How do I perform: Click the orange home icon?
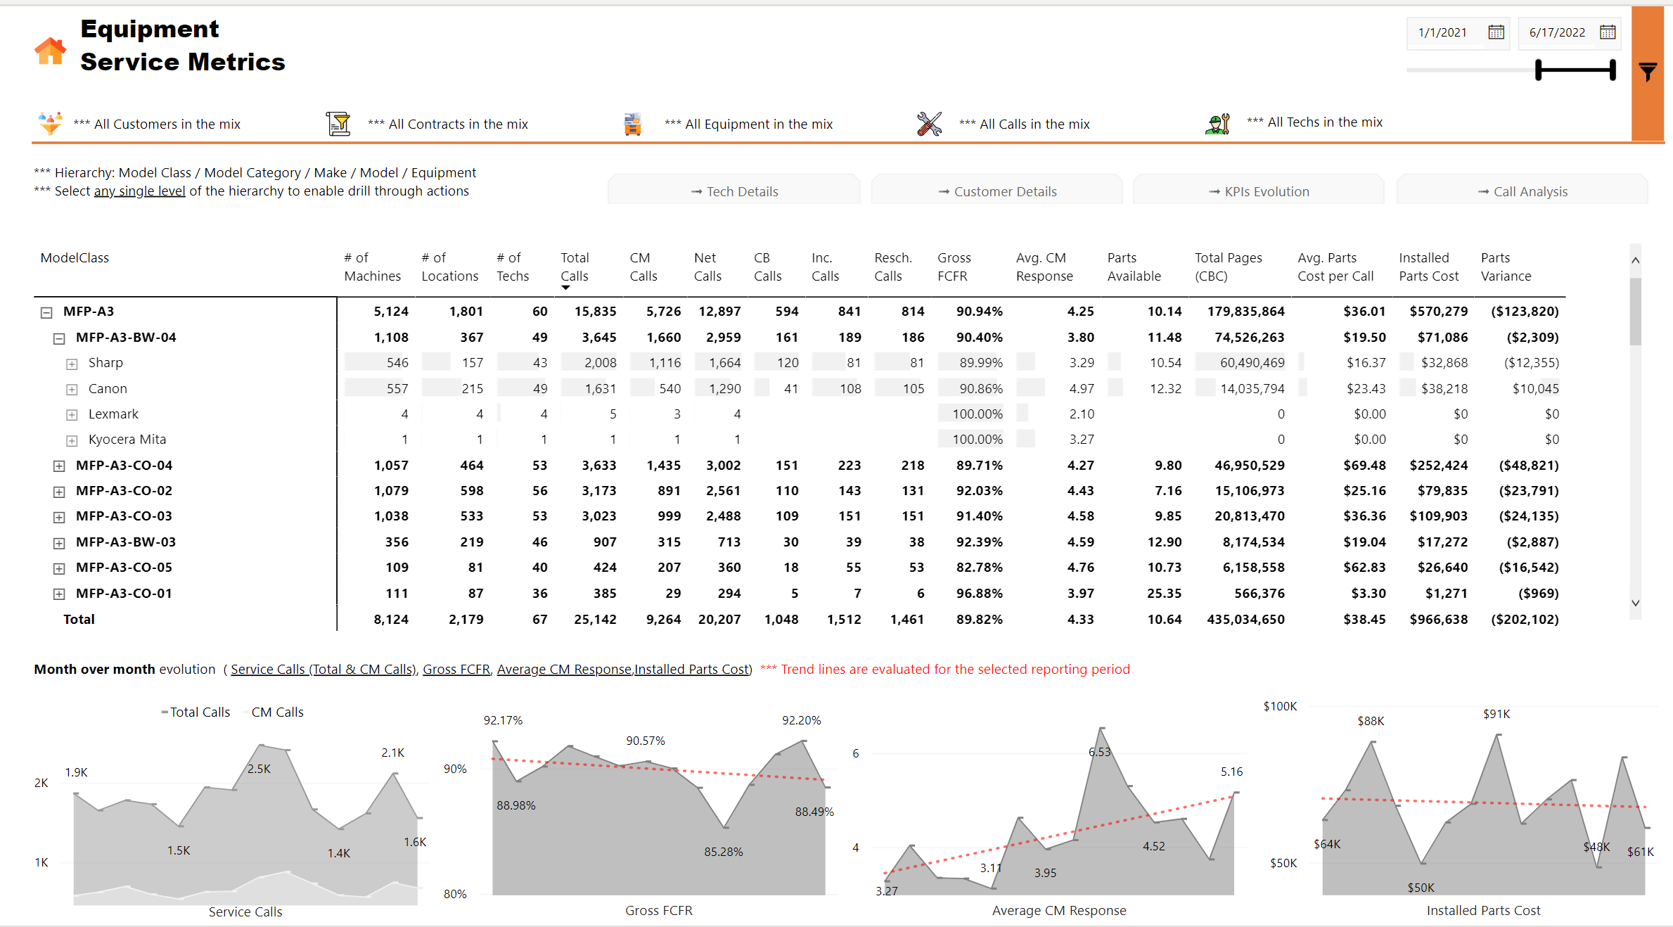pyautogui.click(x=50, y=51)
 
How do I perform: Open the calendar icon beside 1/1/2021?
pyautogui.click(x=1496, y=32)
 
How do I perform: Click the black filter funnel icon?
pyautogui.click(x=1648, y=71)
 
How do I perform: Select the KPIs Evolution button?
pyautogui.click(x=1259, y=191)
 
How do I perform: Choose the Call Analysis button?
pyautogui.click(x=1523, y=191)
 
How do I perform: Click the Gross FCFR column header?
pyautogui.click(x=954, y=267)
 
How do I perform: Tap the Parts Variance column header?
pyautogui.click(x=1506, y=267)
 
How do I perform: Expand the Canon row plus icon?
pyautogui.click(x=72, y=389)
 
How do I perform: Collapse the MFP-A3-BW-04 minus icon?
pyautogui.click(x=59, y=338)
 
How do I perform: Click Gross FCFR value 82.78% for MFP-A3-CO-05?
pyautogui.click(x=979, y=567)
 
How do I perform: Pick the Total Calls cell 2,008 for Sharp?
pyautogui.click(x=600, y=362)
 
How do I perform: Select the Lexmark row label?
pyautogui.click(x=113, y=414)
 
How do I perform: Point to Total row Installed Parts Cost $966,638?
pyautogui.click(x=1438, y=619)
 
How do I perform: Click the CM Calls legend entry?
pyautogui.click(x=277, y=712)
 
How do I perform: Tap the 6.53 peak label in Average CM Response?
pyautogui.click(x=1099, y=752)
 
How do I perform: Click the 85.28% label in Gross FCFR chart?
pyautogui.click(x=723, y=851)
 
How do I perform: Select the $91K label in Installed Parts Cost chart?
pyautogui.click(x=1496, y=714)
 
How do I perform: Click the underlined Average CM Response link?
pyautogui.click(x=564, y=669)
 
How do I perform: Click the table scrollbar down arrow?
pyautogui.click(x=1635, y=603)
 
